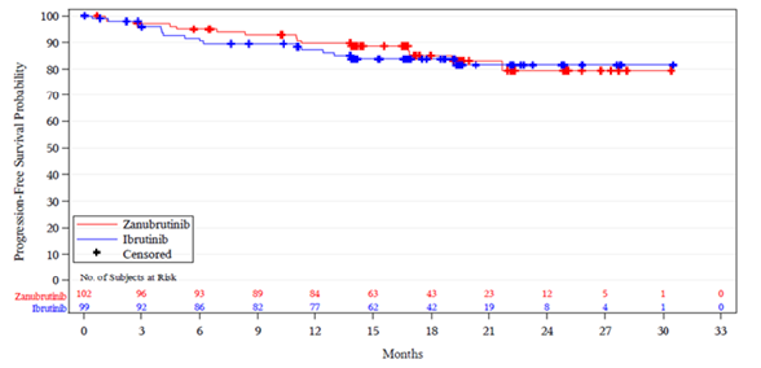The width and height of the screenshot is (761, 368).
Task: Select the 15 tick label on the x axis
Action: tap(373, 331)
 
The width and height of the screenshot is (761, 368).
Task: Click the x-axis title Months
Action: tap(403, 354)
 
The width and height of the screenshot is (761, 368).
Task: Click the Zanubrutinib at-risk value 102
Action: tap(84, 295)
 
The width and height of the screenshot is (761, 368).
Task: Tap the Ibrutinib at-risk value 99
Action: tap(84, 308)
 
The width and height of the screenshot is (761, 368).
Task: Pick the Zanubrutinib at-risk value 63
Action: tap(373, 295)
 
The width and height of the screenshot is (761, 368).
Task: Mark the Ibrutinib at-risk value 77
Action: tap(315, 308)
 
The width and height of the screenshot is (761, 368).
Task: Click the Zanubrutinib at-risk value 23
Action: tap(489, 295)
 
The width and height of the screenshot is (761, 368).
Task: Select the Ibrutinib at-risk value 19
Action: tap(489, 308)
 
